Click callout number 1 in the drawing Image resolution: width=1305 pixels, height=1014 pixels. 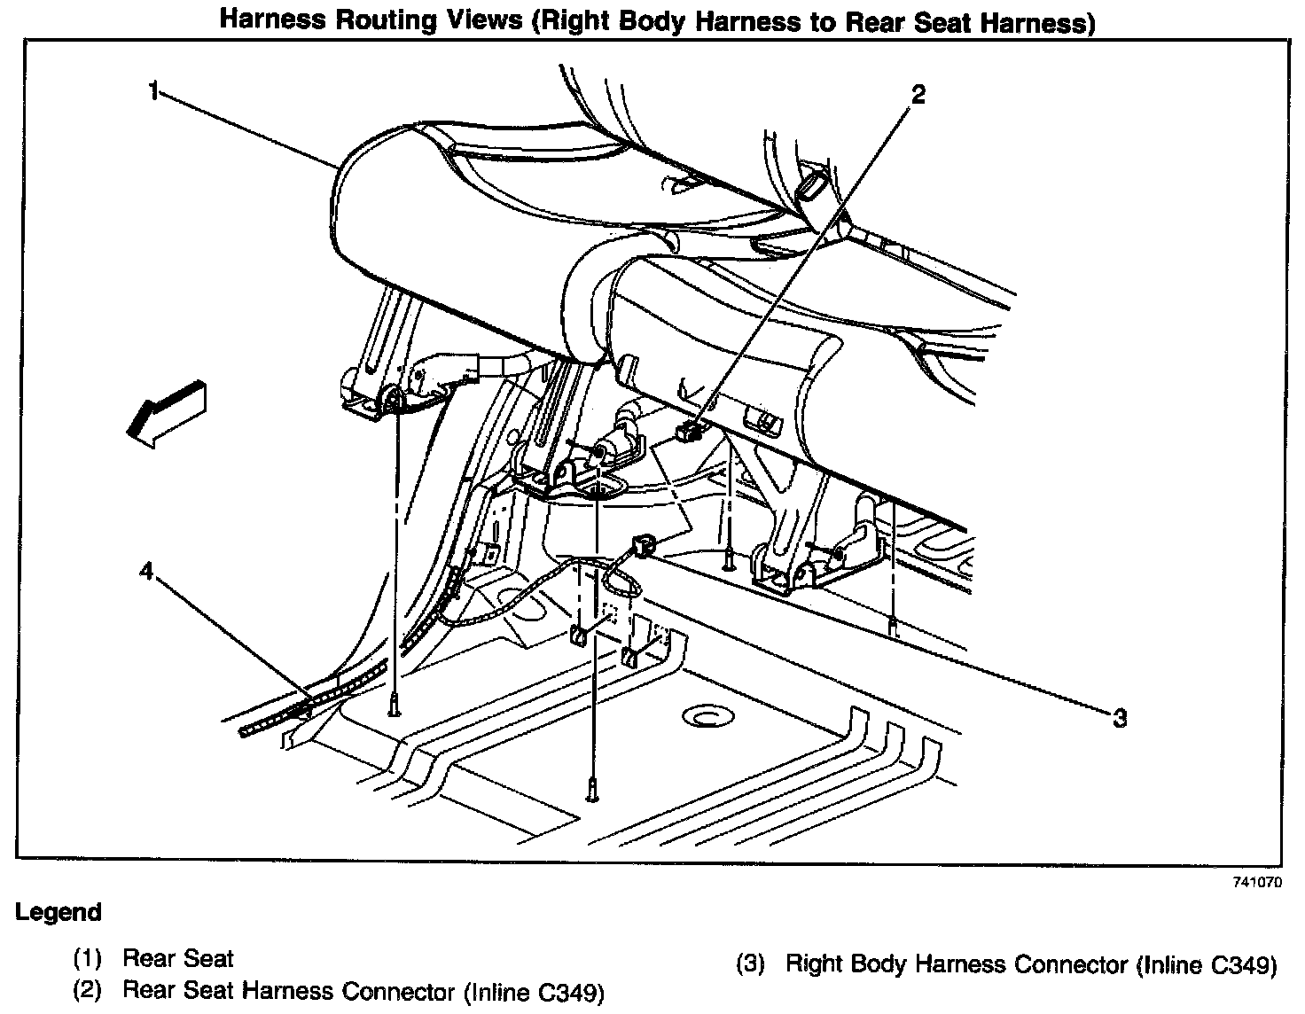pos(154,91)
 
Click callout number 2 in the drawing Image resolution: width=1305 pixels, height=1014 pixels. pos(918,94)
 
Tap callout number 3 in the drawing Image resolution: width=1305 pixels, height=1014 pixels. pos(1120,718)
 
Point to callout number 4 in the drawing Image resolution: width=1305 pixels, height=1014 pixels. pos(146,572)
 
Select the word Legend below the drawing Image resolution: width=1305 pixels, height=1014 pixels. pos(59,912)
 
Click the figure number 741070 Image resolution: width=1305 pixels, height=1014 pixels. pos(1256,883)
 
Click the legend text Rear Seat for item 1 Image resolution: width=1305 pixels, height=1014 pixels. pos(178,958)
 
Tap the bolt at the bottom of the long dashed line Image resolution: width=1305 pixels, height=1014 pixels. pos(590,788)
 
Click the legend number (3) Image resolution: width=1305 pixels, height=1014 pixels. pos(750,964)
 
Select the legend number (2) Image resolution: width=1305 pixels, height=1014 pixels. pos(87,990)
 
